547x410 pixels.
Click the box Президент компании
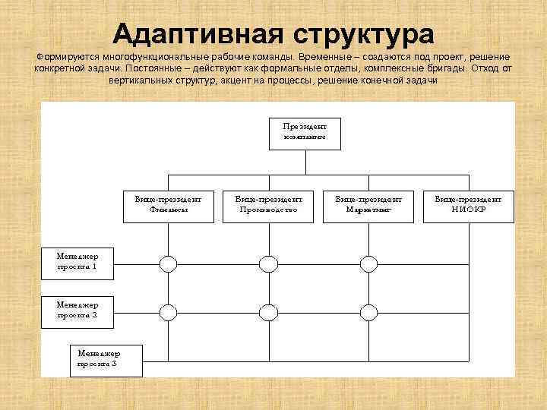(x=305, y=132)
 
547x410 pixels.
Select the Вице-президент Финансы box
(x=169, y=204)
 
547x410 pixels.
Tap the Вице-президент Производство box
(x=268, y=204)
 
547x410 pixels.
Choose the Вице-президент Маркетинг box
(x=368, y=204)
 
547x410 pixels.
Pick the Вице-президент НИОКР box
(x=468, y=204)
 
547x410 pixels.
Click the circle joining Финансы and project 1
(x=168, y=263)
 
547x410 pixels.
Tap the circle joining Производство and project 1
(x=268, y=263)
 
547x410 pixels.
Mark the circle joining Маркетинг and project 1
(x=368, y=263)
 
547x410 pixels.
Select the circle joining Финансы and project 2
(x=168, y=311)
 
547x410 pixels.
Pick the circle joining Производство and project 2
(x=268, y=311)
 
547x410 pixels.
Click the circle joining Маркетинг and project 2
(x=368, y=311)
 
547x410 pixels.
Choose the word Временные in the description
(x=326, y=57)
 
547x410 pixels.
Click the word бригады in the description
(x=445, y=68)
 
